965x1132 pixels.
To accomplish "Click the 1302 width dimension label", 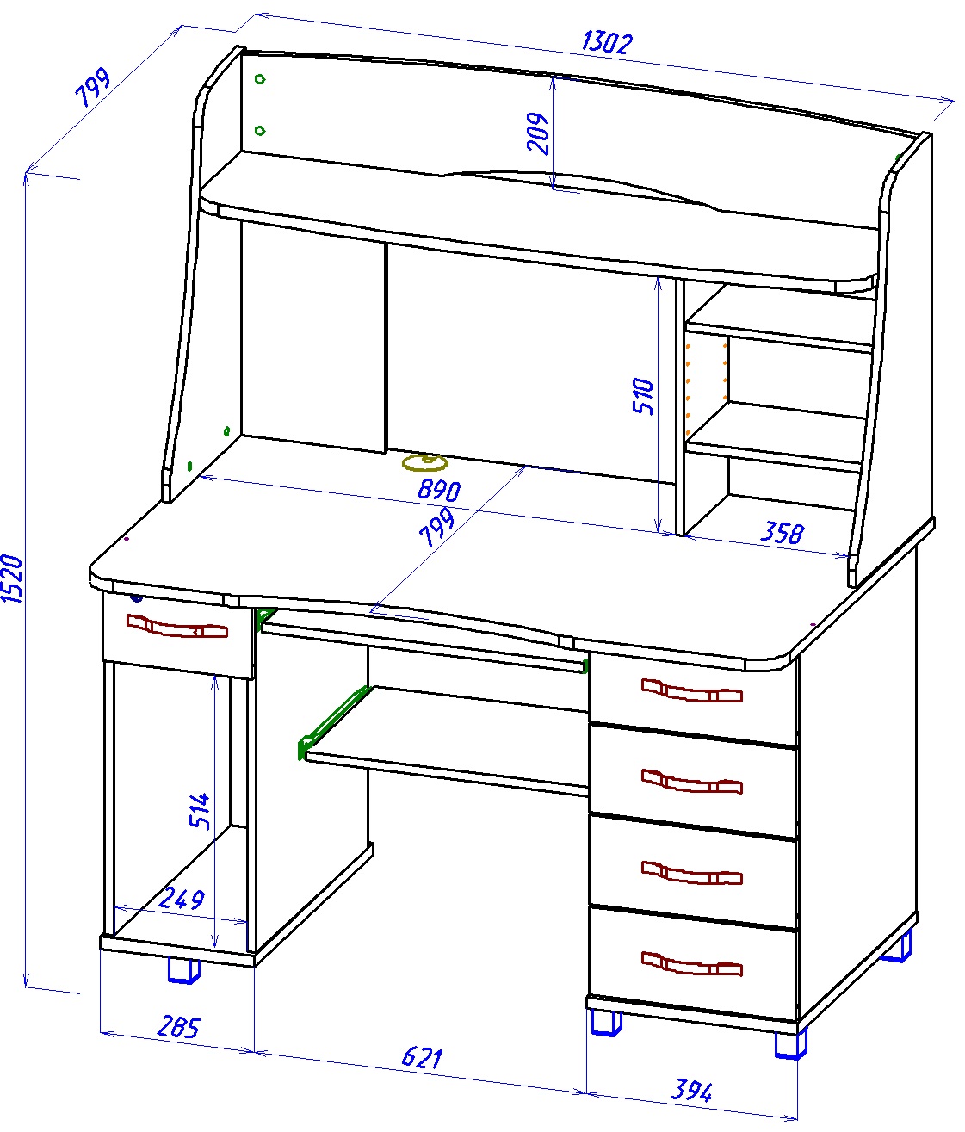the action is point(607,43).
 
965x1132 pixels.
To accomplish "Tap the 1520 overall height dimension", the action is point(12,578).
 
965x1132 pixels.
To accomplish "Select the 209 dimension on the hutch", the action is point(538,133).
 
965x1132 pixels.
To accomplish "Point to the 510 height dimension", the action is point(643,396).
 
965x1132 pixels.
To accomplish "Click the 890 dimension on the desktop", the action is point(439,490).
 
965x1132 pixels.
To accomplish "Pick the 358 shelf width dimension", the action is point(783,532).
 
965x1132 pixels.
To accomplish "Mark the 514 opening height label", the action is point(200,811).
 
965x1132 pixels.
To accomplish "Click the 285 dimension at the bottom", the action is point(179,1027).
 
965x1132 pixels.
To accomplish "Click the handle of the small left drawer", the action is point(176,626).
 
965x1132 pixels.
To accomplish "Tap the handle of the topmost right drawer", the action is point(692,690).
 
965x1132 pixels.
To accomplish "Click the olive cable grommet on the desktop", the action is point(425,463).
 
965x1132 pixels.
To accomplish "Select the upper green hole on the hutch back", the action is point(260,79).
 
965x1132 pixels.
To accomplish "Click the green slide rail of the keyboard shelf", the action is point(332,723).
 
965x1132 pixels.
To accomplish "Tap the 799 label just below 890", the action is point(436,528).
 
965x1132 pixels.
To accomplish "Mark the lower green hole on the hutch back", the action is point(260,130).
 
